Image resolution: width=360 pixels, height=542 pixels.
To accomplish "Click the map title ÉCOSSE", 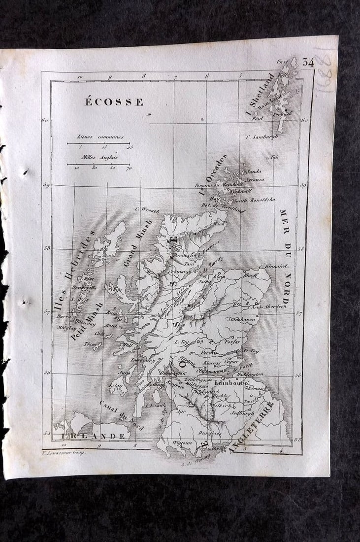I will click(x=114, y=102).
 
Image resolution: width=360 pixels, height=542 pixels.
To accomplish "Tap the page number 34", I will click(x=308, y=62).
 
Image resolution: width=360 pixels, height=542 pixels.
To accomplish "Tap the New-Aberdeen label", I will click(x=269, y=306).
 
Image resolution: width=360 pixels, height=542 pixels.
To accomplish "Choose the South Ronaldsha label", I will click(x=254, y=200).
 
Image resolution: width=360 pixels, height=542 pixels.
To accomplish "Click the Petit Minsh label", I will click(x=86, y=321).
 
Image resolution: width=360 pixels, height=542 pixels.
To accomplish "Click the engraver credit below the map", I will click(x=64, y=452).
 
